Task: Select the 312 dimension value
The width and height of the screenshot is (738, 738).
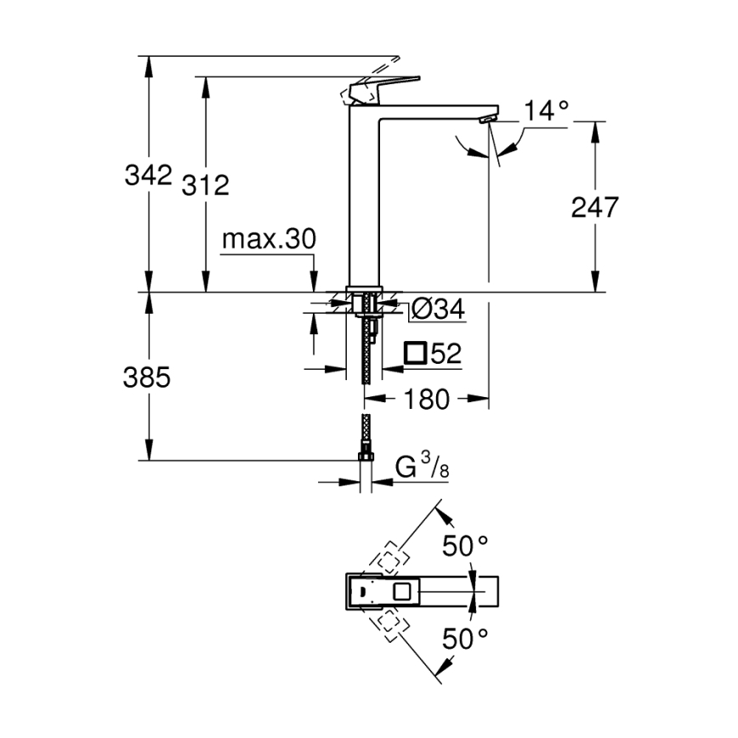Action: [x=205, y=184]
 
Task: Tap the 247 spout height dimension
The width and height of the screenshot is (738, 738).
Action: [x=594, y=207]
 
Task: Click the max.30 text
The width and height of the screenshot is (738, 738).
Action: [x=268, y=241]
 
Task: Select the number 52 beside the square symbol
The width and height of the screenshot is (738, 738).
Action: [x=446, y=353]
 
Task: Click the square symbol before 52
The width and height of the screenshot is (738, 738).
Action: [x=416, y=353]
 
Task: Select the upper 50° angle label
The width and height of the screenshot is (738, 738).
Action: [x=465, y=546]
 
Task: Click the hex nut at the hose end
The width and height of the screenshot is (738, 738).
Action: [x=366, y=458]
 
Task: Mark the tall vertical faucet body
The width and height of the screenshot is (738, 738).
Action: [x=363, y=196]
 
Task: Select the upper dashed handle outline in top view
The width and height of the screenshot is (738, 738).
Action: [x=389, y=559]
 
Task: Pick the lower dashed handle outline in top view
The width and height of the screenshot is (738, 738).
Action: [x=389, y=622]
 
